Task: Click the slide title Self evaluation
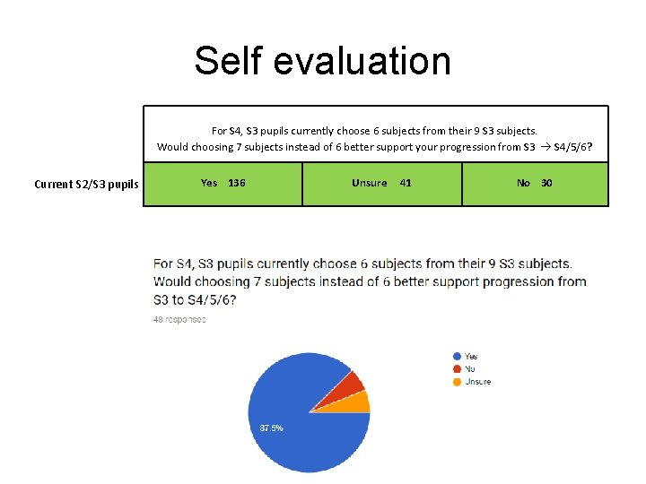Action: tap(322, 61)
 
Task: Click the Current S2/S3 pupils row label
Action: tap(86, 185)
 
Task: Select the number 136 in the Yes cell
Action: tap(237, 183)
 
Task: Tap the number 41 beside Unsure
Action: tap(406, 183)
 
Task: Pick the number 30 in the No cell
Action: tap(546, 183)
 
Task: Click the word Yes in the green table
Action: tap(209, 183)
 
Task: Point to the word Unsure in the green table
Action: tap(369, 183)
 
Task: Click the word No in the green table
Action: tap(523, 183)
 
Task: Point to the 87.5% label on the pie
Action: tap(271, 428)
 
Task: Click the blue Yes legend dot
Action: tap(457, 357)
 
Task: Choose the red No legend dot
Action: tap(457, 369)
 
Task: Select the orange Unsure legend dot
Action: tap(457, 382)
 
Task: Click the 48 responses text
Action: tap(179, 319)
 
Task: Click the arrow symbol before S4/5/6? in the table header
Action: tap(545, 147)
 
